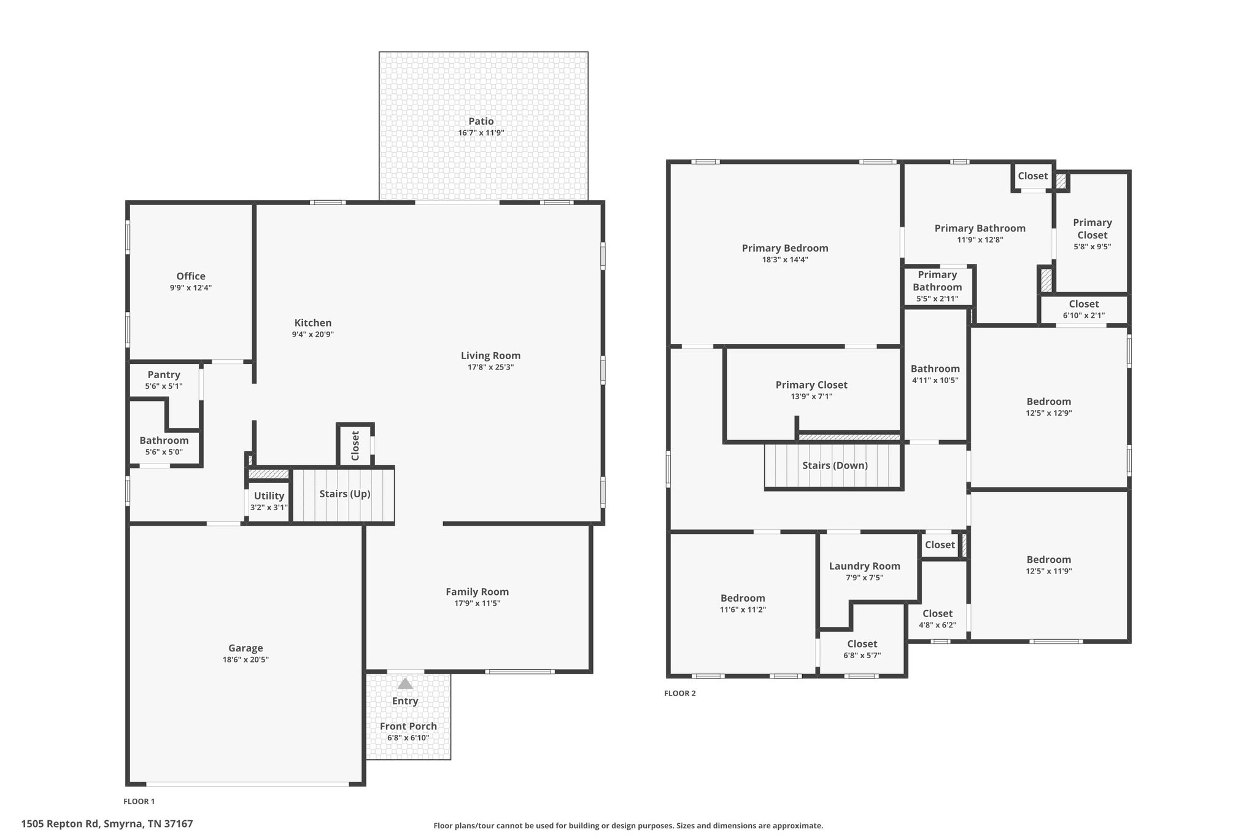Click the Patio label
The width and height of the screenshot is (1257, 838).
pyautogui.click(x=481, y=122)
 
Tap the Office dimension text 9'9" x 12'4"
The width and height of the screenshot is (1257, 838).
pyautogui.click(x=191, y=288)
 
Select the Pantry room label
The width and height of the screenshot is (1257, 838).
pyautogui.click(x=164, y=375)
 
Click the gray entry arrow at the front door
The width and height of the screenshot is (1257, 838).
pyautogui.click(x=405, y=683)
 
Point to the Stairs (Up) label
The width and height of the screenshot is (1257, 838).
pyautogui.click(x=345, y=494)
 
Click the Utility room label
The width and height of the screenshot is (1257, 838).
pyautogui.click(x=269, y=496)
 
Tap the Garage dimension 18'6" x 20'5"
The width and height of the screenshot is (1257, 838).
pyautogui.click(x=246, y=660)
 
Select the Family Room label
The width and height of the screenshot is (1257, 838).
pyautogui.click(x=478, y=592)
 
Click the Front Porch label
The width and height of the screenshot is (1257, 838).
pyautogui.click(x=408, y=726)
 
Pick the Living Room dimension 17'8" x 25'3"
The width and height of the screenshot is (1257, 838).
pyautogui.click(x=490, y=368)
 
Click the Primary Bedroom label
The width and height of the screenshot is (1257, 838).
pyautogui.click(x=785, y=249)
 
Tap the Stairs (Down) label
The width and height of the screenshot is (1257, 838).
pyautogui.click(x=835, y=466)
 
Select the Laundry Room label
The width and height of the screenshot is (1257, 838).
pyautogui.click(x=864, y=567)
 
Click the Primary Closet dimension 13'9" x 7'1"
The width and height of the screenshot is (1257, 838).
pyautogui.click(x=811, y=397)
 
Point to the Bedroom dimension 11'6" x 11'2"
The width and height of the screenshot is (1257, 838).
pyautogui.click(x=743, y=610)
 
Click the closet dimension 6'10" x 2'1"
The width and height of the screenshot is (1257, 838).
pyautogui.click(x=1084, y=316)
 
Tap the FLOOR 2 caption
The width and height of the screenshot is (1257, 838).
pyautogui.click(x=680, y=693)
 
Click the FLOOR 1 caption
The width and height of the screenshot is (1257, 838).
pyautogui.click(x=139, y=801)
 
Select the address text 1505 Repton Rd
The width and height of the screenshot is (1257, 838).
pyautogui.click(x=60, y=824)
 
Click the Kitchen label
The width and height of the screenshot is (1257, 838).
pyautogui.click(x=313, y=323)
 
